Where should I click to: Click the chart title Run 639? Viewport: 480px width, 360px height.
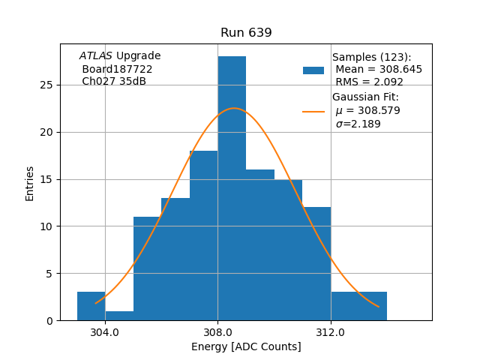[246, 33]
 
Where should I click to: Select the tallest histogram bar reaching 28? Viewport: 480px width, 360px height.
[232, 187]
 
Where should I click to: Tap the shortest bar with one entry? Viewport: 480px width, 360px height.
[119, 316]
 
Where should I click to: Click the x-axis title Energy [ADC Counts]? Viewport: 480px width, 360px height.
[246, 346]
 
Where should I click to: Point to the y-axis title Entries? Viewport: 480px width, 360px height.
[30, 183]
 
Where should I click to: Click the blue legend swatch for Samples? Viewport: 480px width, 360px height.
[313, 70]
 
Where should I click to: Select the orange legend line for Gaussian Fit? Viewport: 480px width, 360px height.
[313, 112]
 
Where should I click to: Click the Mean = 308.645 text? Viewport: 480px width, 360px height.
[379, 70]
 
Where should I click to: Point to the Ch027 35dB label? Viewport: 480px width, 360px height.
[114, 81]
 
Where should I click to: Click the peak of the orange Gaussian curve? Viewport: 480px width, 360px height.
[234, 108]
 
